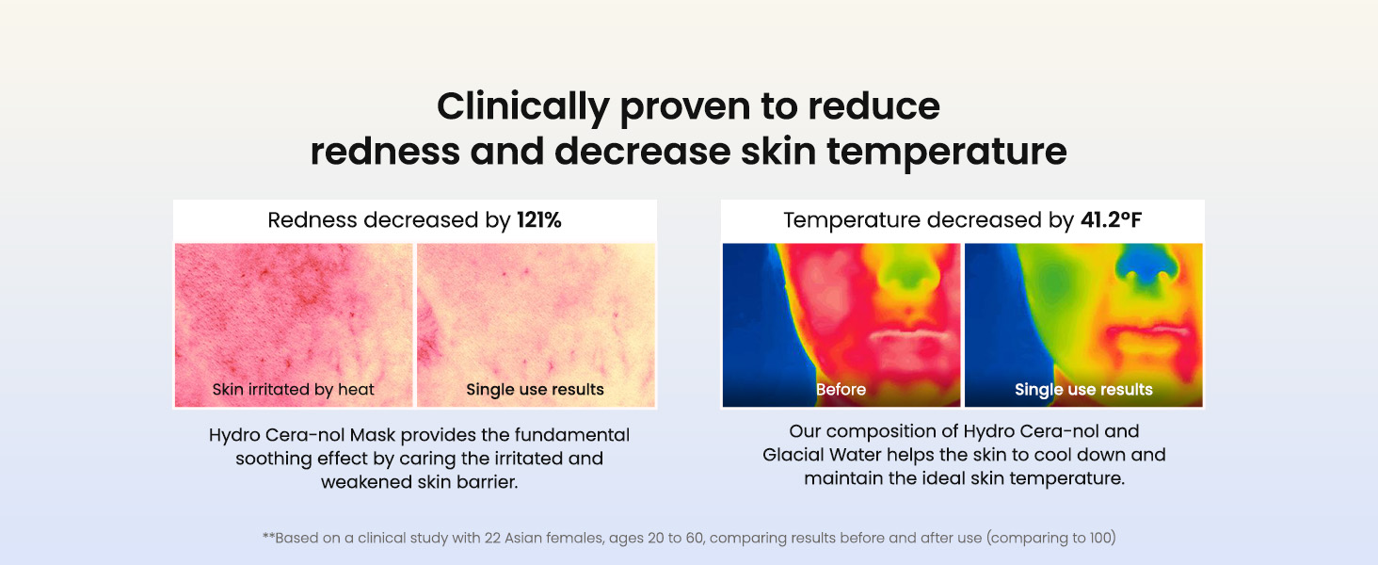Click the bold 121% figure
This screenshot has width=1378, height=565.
539,219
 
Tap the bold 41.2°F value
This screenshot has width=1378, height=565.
1111,219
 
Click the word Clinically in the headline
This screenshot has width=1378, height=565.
523,107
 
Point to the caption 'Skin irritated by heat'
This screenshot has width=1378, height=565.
294,389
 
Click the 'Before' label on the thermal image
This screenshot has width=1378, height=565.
841,389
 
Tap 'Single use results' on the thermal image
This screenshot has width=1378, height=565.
1083,389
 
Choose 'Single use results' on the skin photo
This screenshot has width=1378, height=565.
536,389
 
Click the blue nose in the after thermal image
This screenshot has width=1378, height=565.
1146,265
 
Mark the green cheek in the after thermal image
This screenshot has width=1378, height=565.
1055,284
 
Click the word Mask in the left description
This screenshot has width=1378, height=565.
372,435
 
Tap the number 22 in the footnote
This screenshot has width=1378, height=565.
492,538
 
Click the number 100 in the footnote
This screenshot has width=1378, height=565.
1100,538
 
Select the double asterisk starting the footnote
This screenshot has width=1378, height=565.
268,536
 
